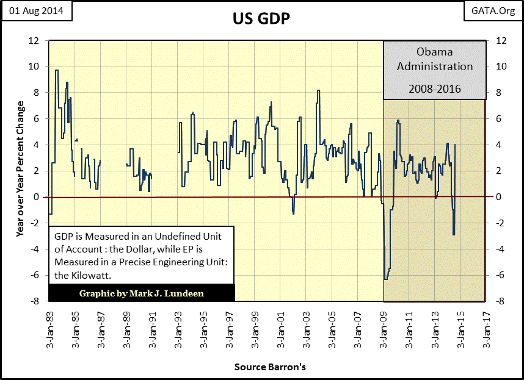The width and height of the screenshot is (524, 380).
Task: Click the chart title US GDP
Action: (261, 18)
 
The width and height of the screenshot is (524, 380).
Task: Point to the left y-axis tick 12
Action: (35, 40)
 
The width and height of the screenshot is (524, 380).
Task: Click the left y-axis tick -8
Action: (35, 301)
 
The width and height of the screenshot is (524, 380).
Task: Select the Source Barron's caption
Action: (269, 367)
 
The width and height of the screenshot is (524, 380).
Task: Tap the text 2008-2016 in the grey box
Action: (435, 89)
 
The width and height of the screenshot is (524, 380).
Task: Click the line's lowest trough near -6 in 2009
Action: (385, 279)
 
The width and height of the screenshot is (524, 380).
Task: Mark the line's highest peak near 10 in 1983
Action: (57, 70)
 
